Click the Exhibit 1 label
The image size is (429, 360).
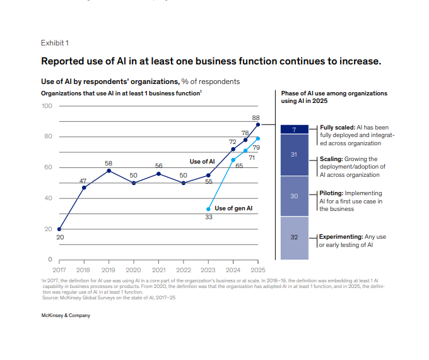point(54,43)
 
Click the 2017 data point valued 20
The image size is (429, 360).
point(59,229)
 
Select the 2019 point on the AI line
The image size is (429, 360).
point(109,171)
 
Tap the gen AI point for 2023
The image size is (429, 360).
point(208,209)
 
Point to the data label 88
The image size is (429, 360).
point(256,117)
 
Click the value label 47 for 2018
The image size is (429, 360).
point(83,181)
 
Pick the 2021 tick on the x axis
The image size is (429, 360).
point(158,270)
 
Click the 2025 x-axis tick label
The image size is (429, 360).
point(257,270)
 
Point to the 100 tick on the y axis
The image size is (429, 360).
point(47,105)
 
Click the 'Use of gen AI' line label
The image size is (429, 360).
point(233,208)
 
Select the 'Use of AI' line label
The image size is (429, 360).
point(202,162)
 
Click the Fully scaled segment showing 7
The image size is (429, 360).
point(294,129)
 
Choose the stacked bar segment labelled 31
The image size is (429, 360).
point(294,154)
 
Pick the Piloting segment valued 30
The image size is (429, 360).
point(294,196)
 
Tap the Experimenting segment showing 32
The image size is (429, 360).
point(294,237)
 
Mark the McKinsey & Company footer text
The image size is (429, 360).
point(66,316)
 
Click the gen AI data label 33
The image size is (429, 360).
point(208,217)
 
